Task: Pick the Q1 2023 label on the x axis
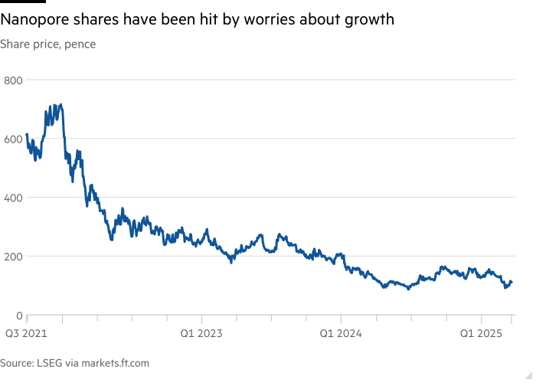coord(201,333)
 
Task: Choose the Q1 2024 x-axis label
coord(340,333)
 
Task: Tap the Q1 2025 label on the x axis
coord(480,333)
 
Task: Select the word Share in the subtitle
coord(14,44)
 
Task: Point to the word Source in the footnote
coord(18,363)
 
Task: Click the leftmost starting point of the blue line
coord(27,136)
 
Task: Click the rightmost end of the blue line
coord(511,282)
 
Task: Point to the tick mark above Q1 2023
coord(201,319)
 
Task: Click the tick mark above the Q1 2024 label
coord(341,319)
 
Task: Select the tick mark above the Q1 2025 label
coord(481,319)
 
